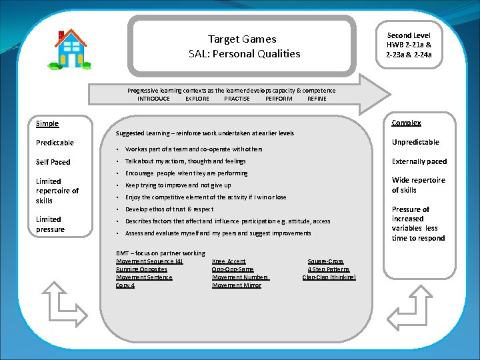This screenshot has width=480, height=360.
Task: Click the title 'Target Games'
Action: pos(241,39)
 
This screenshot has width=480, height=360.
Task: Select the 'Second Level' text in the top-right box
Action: pos(409,35)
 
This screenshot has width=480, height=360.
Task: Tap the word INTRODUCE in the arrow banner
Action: pos(153,99)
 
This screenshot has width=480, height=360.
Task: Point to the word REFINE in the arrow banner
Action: pos(317,99)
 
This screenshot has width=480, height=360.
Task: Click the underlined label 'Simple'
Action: pos(47,123)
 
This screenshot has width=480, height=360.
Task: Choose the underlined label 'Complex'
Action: pos(406,123)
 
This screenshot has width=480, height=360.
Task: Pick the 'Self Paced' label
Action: pos(53,162)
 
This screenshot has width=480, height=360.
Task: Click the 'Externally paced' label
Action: pos(419,161)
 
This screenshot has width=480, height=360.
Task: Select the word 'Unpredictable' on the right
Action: pos(415,142)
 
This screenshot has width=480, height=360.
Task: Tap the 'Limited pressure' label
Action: pos(50,224)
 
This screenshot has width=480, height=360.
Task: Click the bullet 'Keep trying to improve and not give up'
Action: pos(178,185)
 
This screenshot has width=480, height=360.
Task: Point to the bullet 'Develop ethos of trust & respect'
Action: pos(169,209)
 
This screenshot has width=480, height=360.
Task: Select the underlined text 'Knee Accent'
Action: pos(229,261)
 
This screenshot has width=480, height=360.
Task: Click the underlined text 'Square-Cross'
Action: pos(325,261)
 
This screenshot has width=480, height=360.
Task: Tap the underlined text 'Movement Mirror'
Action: pos(237,285)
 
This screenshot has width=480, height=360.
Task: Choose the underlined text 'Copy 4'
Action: pos(125,285)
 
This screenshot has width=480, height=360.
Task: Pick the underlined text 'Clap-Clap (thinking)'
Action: pos(329,277)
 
